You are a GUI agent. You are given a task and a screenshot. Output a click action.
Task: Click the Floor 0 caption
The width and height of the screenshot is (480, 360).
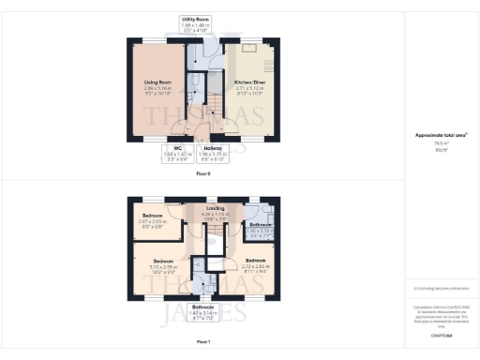point(203,174)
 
